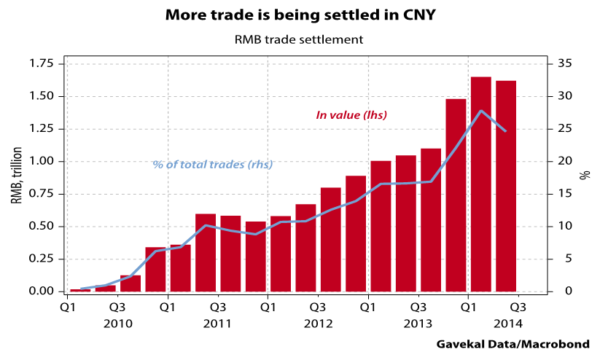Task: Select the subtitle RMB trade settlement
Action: pos(300,39)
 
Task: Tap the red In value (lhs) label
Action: pos(351,115)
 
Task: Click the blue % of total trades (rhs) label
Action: pos(213,165)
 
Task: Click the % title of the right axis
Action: pos(583,176)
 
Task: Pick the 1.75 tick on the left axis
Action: pos(42,64)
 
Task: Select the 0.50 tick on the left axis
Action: pos(42,226)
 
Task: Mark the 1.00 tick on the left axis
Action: pos(42,161)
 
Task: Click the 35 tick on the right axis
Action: pos(564,64)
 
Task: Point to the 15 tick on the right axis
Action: pos(564,194)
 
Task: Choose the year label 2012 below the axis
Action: pos(318,323)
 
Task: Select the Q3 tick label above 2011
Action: pos(218,307)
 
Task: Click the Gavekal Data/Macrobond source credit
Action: pos(513,344)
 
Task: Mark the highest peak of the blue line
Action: pos(481,111)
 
